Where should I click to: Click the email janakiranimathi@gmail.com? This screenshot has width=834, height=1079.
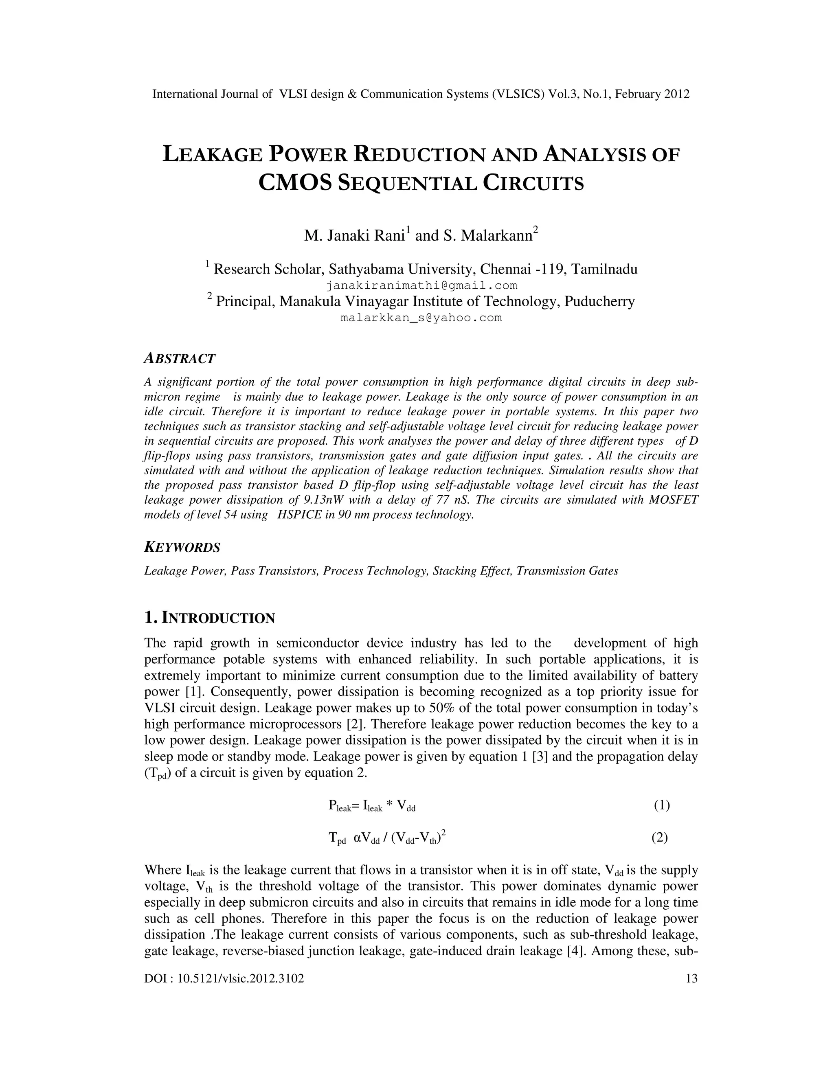tap(421, 285)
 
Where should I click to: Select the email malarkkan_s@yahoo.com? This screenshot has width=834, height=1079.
tap(421, 318)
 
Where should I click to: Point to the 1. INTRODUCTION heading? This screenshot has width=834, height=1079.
tap(209, 618)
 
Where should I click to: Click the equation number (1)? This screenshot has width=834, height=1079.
tap(662, 805)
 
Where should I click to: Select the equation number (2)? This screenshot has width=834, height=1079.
tap(660, 838)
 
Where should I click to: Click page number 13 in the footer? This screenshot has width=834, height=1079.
tap(692, 978)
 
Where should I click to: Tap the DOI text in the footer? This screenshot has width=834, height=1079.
tap(224, 978)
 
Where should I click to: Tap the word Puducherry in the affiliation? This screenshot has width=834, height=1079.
tap(599, 301)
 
